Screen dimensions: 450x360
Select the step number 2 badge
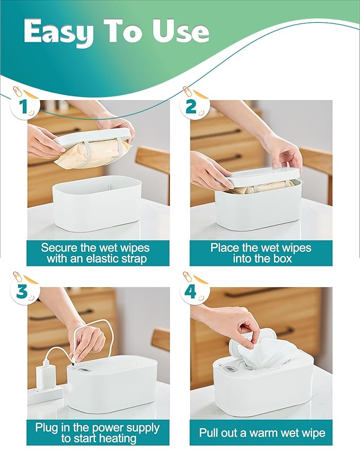194,107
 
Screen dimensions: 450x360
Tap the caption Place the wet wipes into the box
261,253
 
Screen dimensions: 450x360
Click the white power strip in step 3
45,394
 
